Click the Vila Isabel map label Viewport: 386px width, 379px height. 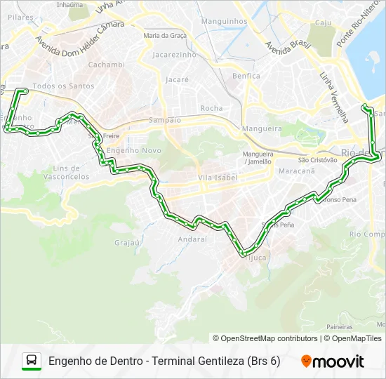(218, 178)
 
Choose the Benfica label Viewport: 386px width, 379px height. (246, 76)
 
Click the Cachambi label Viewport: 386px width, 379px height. (107, 65)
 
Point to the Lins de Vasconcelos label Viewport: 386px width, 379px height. (71, 173)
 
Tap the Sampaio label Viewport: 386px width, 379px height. (165, 120)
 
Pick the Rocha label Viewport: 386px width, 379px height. (211, 108)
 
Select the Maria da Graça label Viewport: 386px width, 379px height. (165, 34)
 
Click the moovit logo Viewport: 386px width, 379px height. (333, 361)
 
